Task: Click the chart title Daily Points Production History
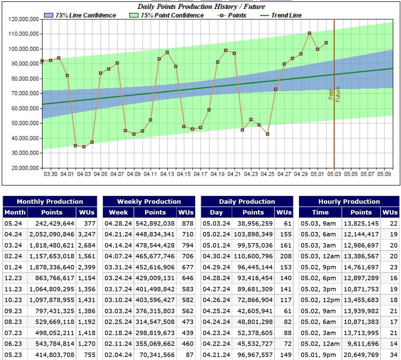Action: (x=201, y=6)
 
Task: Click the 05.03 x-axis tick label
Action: (x=334, y=174)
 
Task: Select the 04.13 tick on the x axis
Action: (x=167, y=174)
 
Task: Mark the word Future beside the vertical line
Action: (x=338, y=94)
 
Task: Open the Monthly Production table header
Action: (x=50, y=201)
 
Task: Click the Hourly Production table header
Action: (x=349, y=201)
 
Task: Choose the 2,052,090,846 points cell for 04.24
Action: (x=52, y=234)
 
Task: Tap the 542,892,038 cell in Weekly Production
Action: (x=155, y=223)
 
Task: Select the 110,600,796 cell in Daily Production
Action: (x=253, y=256)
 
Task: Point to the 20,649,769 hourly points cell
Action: (x=361, y=355)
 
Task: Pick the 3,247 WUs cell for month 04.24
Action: (x=86, y=234)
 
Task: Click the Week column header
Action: (x=118, y=212)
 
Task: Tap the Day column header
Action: (x=216, y=212)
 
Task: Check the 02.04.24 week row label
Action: (x=118, y=355)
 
